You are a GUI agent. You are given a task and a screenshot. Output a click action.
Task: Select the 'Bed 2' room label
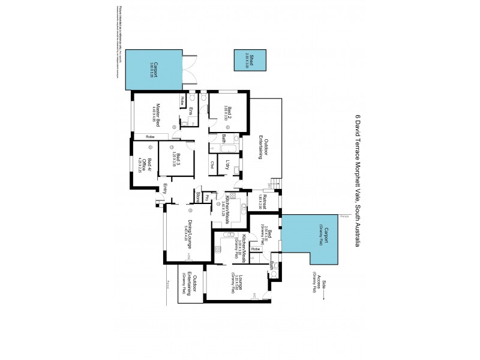pyautogui.click(x=227, y=112)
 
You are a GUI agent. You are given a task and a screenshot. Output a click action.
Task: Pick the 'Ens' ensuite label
pyautogui.click(x=190, y=111)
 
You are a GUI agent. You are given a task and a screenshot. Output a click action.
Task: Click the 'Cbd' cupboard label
pyautogui.click(x=212, y=165)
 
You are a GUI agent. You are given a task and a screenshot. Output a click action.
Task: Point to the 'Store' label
pyautogui.click(x=197, y=196)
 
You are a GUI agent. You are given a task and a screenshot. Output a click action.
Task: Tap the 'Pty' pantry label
pyautogui.click(x=207, y=197)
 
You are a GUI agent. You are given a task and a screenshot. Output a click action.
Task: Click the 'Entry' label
pyautogui.click(x=164, y=189)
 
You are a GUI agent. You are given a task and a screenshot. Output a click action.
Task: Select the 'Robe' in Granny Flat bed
pyautogui.click(x=255, y=248)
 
